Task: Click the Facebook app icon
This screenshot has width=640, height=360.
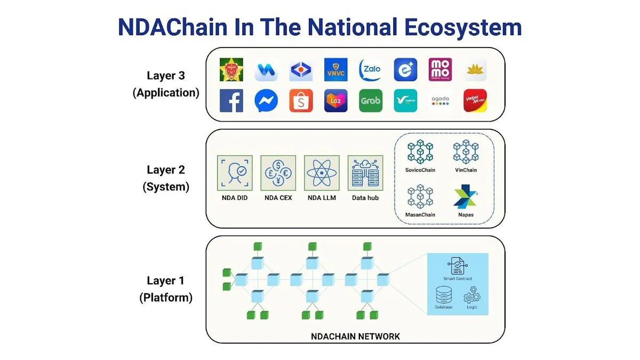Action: (x=231, y=101)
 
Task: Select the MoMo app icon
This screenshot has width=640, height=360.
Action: (x=440, y=70)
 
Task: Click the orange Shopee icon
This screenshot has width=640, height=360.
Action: (x=301, y=101)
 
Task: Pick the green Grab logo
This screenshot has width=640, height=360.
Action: (x=371, y=101)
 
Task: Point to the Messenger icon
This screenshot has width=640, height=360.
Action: (x=266, y=101)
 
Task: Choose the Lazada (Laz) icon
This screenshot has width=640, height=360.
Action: (x=336, y=101)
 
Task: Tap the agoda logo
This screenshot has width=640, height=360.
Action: (x=440, y=101)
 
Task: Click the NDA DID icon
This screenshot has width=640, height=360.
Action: (x=235, y=173)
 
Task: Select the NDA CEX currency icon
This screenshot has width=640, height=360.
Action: (x=278, y=173)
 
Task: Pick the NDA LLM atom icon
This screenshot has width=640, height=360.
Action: (x=322, y=173)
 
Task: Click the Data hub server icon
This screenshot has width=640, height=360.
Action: (x=365, y=173)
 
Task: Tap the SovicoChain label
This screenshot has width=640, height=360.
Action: (x=420, y=170)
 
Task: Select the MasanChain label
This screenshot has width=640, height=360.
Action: (x=420, y=215)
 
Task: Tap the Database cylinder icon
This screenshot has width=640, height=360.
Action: (x=443, y=295)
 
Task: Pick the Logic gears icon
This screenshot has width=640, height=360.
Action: (x=471, y=295)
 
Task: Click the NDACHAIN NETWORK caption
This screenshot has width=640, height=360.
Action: (x=355, y=336)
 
